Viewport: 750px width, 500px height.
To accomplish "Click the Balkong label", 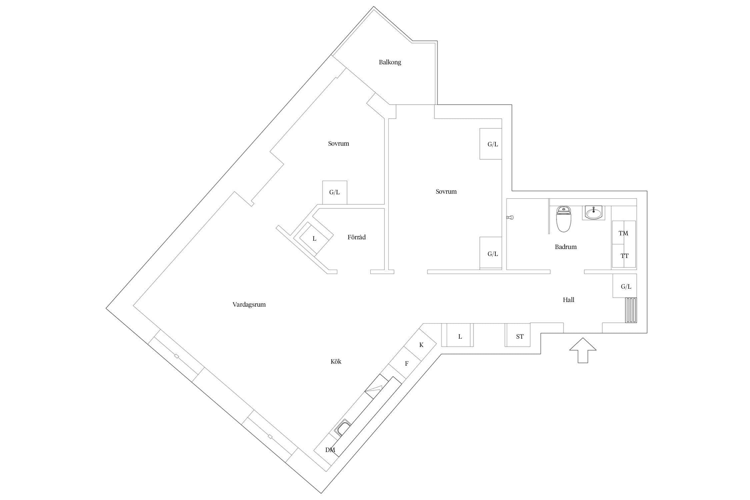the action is pyautogui.click(x=390, y=62).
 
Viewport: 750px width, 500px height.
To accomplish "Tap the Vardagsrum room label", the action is pyautogui.click(x=249, y=305).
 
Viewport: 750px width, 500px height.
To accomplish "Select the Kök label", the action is pyautogui.click(x=336, y=362).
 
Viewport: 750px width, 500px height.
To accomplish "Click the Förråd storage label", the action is pyautogui.click(x=356, y=237).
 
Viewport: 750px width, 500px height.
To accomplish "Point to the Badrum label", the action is pyautogui.click(x=566, y=247).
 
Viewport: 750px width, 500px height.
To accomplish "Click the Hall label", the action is pyautogui.click(x=569, y=300).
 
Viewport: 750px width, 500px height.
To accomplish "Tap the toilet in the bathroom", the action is pyautogui.click(x=564, y=219).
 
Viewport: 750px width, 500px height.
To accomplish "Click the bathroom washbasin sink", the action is pyautogui.click(x=594, y=213).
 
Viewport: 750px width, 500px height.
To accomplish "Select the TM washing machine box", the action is pyautogui.click(x=623, y=232).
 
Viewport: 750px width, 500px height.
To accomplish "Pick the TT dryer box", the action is pyautogui.click(x=623, y=256).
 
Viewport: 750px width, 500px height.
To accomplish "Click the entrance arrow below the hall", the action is pyautogui.click(x=583, y=350).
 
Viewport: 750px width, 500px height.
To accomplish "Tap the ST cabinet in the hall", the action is pyautogui.click(x=518, y=335).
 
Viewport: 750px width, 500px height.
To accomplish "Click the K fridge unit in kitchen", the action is pyautogui.click(x=420, y=345).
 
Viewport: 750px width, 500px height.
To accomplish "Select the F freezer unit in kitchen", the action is pyautogui.click(x=406, y=364).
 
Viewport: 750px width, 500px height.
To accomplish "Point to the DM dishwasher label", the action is pyautogui.click(x=330, y=450).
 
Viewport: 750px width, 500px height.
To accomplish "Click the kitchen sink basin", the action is pyautogui.click(x=343, y=428).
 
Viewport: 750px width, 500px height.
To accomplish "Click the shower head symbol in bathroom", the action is pyautogui.click(x=510, y=218).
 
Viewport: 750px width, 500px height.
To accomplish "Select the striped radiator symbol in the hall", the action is pyautogui.click(x=631, y=310).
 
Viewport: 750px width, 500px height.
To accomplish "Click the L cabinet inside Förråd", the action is pyautogui.click(x=314, y=239).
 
